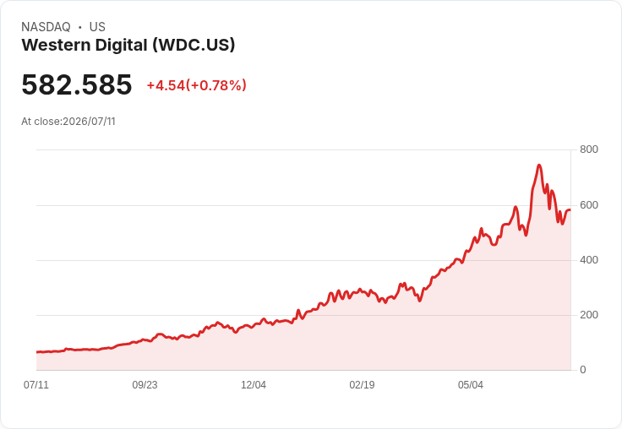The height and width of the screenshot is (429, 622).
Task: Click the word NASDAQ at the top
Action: click(x=46, y=27)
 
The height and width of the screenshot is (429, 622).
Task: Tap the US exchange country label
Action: click(x=97, y=27)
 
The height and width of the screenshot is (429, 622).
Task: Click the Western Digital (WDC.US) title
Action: click(x=128, y=46)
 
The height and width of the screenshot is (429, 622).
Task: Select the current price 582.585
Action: click(x=77, y=84)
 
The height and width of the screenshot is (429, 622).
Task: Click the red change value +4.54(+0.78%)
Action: click(x=197, y=85)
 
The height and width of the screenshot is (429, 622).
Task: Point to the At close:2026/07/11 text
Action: click(x=68, y=122)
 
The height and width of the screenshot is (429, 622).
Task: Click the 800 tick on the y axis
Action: click(x=589, y=149)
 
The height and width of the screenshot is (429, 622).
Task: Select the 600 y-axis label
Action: click(x=589, y=205)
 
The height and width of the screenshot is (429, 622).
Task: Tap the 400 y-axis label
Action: click(x=589, y=260)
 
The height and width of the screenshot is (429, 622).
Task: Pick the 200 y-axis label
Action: click(x=589, y=315)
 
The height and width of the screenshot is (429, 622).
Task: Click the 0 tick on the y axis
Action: click(x=583, y=370)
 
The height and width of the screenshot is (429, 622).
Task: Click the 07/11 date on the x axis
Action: click(x=36, y=385)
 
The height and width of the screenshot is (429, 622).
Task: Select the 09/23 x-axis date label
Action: click(x=145, y=385)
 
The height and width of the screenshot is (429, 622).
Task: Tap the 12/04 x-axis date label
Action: click(x=254, y=385)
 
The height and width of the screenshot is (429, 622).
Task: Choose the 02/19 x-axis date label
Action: click(x=362, y=385)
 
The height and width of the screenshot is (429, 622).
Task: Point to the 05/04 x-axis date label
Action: click(x=471, y=385)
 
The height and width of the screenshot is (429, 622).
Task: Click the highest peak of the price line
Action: click(x=538, y=165)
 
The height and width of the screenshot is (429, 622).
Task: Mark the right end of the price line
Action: click(x=570, y=210)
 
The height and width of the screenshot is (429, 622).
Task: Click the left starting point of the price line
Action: click(x=37, y=351)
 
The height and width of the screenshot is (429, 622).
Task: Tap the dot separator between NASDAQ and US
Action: click(x=80, y=27)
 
